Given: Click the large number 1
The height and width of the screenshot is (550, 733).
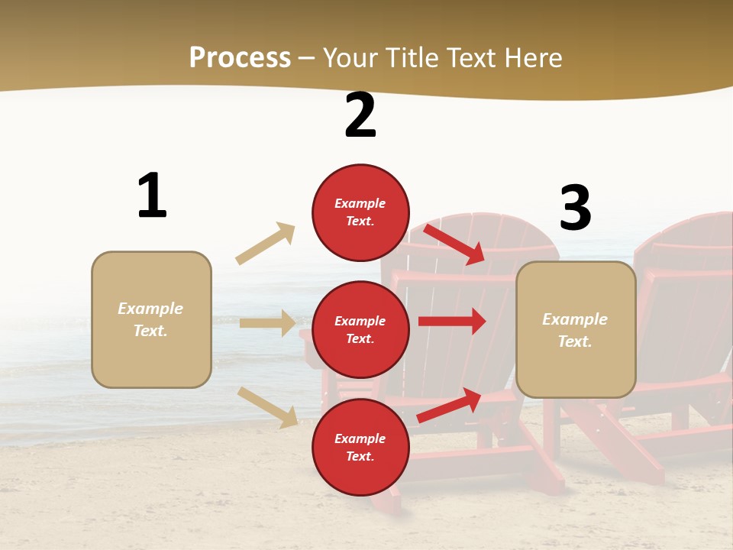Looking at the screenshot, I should [152, 196].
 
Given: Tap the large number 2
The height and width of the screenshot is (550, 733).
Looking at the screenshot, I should [360, 116].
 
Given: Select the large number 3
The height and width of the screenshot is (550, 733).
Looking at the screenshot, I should [575, 209].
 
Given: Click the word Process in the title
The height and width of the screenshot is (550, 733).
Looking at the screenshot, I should [240, 57].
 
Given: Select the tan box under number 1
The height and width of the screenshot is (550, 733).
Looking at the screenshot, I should [151, 319].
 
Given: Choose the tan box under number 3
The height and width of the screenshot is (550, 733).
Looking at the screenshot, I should [576, 329].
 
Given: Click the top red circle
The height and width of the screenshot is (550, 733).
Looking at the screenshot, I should [360, 212].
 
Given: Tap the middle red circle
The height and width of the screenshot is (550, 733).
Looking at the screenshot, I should [360, 329].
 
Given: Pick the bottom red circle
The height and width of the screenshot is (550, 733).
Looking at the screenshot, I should [360, 447].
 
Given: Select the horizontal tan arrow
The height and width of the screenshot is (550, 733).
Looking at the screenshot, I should [267, 323].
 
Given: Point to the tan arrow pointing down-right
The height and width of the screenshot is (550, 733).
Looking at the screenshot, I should [268, 407].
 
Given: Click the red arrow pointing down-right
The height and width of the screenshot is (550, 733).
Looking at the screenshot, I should [455, 244].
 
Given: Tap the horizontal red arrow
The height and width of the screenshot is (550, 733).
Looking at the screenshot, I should [452, 322].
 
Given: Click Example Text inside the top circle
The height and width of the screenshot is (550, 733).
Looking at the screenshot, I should [360, 212].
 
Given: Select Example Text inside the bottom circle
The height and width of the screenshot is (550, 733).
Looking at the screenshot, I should [360, 447].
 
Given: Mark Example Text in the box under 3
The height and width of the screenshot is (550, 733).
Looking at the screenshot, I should [576, 330].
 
